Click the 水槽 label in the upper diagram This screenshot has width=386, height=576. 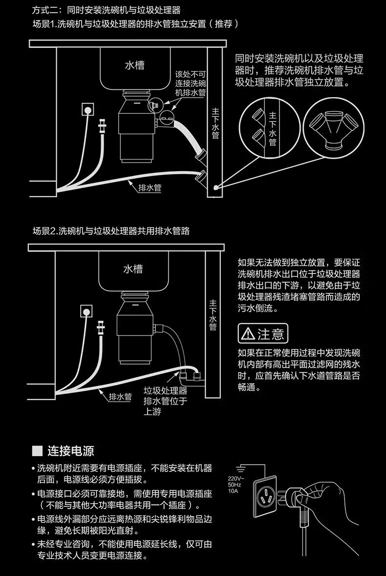134,64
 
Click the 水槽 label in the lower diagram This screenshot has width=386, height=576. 133,268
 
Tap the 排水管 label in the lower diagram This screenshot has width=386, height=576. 120,396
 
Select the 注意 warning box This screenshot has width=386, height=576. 262,333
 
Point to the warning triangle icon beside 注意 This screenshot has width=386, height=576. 248,334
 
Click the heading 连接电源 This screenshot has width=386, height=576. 71,450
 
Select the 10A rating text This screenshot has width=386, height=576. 233,491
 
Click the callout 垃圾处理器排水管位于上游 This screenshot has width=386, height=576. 165,401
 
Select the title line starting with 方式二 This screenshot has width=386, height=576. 109,10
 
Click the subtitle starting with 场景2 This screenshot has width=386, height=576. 111,231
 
